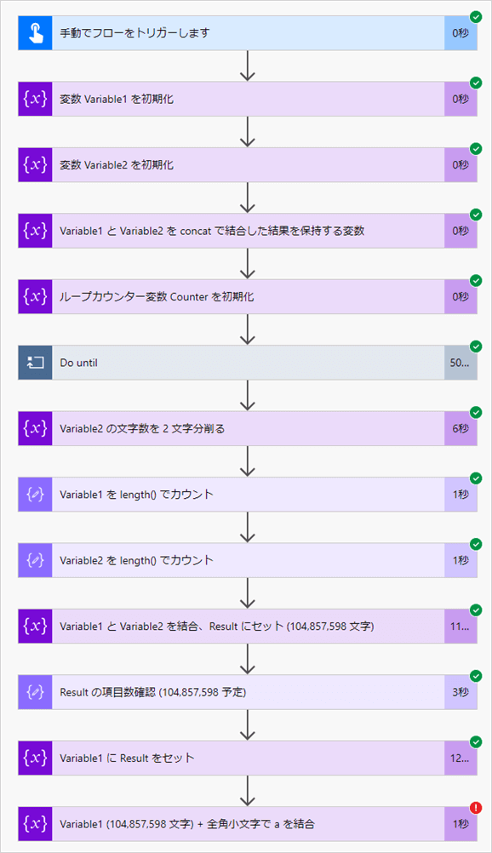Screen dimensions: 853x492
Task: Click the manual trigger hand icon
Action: coord(35,33)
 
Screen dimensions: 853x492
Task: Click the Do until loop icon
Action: coord(35,363)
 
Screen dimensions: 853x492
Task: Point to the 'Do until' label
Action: coord(79,363)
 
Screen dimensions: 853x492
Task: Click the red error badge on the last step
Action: coord(476,808)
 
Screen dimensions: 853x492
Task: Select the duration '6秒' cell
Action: coord(461,428)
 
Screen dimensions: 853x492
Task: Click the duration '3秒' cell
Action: coord(461,692)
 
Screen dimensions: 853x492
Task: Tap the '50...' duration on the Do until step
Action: coord(460,363)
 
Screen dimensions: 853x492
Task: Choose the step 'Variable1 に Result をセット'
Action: coord(127,759)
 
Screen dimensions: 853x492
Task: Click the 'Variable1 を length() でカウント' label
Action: coord(136,495)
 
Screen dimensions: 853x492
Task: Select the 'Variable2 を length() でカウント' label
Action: coord(136,560)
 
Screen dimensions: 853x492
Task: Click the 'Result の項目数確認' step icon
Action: coord(35,692)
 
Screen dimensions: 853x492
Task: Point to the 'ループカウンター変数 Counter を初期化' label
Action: coord(157,297)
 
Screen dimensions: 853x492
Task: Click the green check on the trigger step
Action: coord(476,16)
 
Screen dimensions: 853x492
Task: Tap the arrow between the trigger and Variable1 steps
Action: coord(248,66)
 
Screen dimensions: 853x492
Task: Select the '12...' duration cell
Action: coord(460,759)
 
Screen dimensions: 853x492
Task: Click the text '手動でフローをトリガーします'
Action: coord(134,33)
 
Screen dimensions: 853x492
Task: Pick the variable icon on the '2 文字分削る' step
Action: coord(35,428)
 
